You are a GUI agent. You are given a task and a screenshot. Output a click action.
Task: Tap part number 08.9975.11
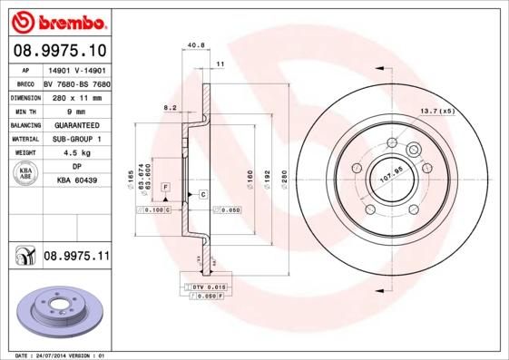76,257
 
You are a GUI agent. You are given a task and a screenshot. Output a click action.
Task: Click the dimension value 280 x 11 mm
75,95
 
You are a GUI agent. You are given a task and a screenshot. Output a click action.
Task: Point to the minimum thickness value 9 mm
75,109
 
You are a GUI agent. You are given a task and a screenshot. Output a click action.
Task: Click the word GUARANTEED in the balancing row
75,123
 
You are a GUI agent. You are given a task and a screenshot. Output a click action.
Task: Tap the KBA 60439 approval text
75,180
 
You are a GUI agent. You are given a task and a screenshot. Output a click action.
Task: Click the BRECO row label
24,82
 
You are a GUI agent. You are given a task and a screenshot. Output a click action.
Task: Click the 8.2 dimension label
169,107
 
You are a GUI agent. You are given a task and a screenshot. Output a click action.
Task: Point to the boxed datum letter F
166,187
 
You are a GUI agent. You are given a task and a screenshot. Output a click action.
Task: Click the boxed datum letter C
203,195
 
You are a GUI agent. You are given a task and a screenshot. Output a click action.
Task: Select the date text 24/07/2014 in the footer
61,355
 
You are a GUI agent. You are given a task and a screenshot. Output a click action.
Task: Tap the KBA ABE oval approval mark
24,174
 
